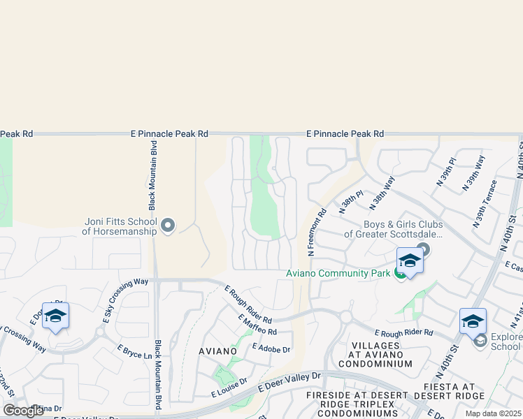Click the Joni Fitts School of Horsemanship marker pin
(x=168, y=226)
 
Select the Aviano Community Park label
(x=338, y=273)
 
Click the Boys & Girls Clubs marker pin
(x=422, y=249)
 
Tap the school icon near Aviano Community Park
(x=410, y=262)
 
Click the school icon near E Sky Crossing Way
(x=55, y=316)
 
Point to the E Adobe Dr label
(x=271, y=348)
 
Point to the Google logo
(x=24, y=411)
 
